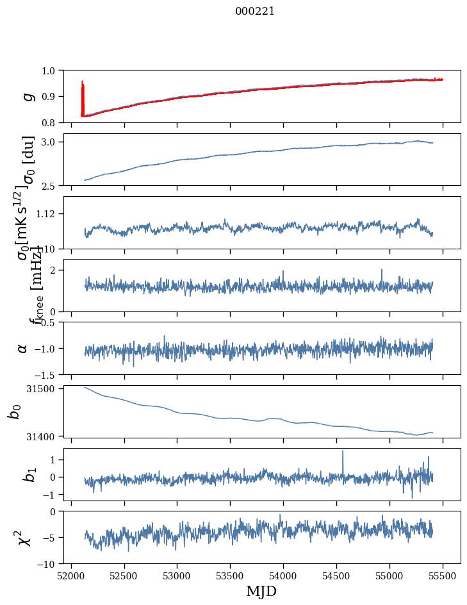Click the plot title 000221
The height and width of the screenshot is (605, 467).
coord(255,12)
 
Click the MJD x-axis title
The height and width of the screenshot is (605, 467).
coord(261,592)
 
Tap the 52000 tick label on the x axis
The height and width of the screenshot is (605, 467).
coord(71,576)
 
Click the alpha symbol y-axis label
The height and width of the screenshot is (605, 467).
coord(23,348)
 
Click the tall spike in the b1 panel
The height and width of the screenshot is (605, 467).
coord(343,452)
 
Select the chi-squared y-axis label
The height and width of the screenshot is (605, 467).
coord(26,538)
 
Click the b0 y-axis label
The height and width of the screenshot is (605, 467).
coord(14,411)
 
